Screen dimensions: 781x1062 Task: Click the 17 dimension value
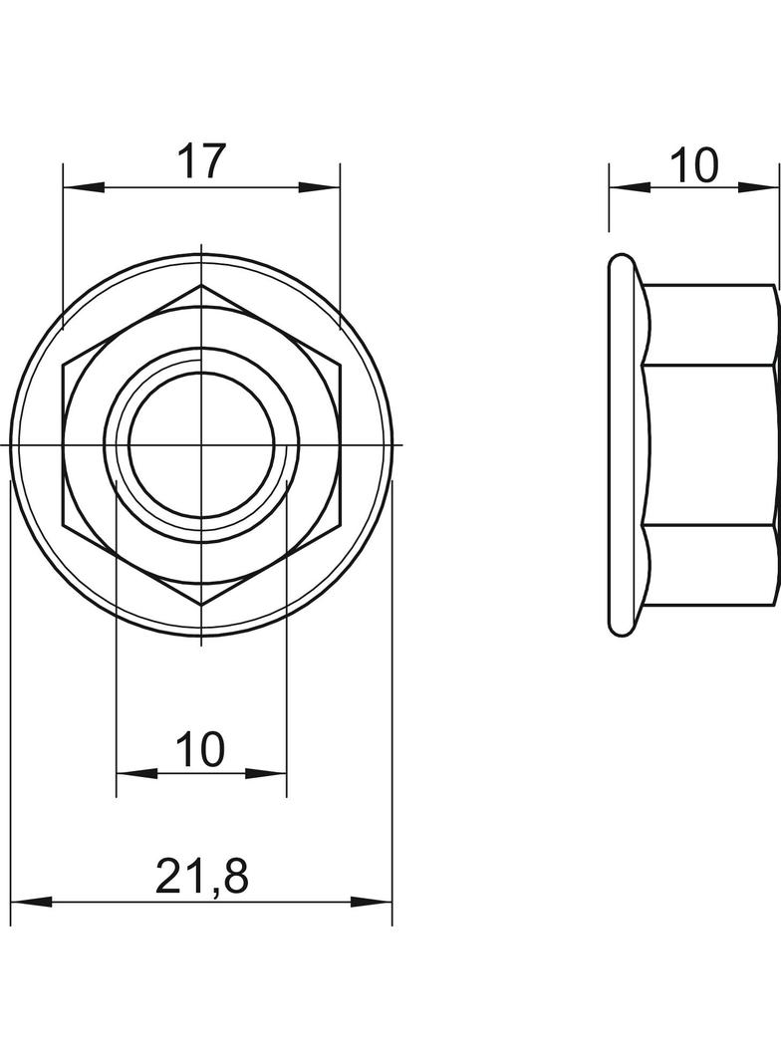pyautogui.click(x=200, y=161)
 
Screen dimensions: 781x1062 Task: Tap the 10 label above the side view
pyautogui.click(x=695, y=165)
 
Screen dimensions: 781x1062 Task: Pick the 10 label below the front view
pyautogui.click(x=200, y=749)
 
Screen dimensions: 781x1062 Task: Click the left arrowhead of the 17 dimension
pyautogui.click(x=84, y=187)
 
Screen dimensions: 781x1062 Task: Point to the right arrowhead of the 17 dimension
pyautogui.click(x=319, y=187)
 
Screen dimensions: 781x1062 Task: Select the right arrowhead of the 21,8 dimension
pyautogui.click(x=372, y=903)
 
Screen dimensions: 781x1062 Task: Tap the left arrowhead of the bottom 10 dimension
pyautogui.click(x=137, y=773)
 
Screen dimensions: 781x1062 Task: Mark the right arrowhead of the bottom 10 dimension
pyautogui.click(x=266, y=773)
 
